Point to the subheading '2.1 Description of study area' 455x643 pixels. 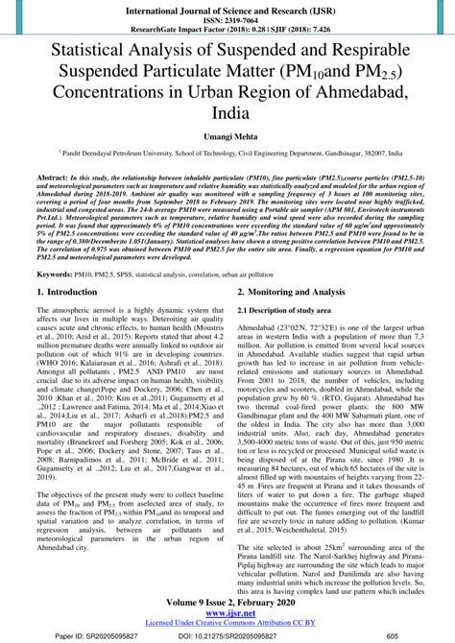[291, 311]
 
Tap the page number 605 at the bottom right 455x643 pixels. [393, 635]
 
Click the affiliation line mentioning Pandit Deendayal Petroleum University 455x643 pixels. [227, 152]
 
